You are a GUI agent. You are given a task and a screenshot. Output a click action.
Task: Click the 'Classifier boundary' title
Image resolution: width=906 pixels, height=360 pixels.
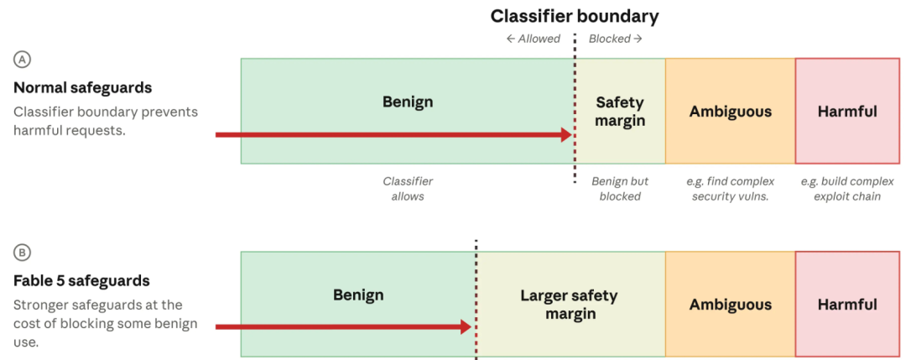(575, 16)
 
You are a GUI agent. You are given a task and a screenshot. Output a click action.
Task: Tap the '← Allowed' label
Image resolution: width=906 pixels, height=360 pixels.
(533, 39)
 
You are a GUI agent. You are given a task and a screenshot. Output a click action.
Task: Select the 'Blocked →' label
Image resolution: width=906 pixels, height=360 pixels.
(616, 39)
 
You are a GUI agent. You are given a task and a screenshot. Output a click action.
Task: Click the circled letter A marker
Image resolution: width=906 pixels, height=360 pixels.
(23, 60)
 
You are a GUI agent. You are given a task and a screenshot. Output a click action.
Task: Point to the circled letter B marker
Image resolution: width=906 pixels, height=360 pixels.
(23, 253)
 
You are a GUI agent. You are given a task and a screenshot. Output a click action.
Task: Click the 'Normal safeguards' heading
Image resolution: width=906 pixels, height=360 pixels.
(82, 88)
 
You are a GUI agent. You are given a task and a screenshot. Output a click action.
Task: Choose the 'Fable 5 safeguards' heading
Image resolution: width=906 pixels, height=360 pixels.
(81, 281)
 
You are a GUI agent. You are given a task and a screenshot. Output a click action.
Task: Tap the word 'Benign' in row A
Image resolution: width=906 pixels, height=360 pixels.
(408, 102)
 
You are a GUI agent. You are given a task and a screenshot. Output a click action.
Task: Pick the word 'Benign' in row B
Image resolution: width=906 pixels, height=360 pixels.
(358, 295)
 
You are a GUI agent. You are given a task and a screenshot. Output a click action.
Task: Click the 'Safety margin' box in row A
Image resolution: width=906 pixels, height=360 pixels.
(620, 111)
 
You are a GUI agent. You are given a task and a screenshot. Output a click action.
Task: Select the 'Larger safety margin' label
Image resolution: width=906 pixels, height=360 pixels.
(569, 305)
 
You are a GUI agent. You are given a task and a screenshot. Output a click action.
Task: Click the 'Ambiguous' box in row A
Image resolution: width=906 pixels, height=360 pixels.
(731, 111)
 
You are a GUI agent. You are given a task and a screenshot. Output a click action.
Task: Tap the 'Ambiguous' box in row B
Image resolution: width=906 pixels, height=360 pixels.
(731, 304)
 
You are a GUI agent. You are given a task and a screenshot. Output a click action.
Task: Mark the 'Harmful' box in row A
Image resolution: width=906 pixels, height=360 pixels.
(847, 111)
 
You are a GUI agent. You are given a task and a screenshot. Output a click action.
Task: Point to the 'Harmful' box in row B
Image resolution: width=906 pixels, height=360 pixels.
(847, 304)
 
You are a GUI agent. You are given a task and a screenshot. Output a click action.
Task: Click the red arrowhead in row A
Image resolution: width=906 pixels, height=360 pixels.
(566, 134)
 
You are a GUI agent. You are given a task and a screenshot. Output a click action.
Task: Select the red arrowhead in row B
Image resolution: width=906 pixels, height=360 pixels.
(466, 327)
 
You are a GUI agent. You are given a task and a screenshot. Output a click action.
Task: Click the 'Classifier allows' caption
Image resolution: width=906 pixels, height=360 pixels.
(408, 188)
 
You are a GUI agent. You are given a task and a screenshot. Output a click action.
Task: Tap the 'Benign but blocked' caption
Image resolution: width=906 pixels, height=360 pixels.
(619, 188)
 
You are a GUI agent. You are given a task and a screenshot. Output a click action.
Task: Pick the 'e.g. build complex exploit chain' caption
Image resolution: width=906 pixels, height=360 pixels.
(847, 188)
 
